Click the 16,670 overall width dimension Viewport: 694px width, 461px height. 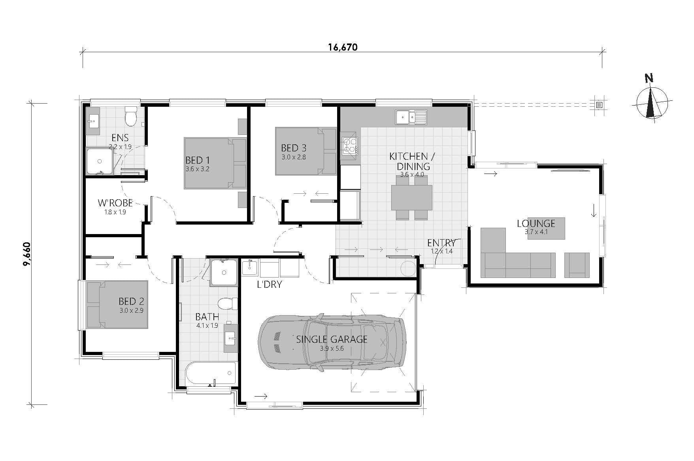(342, 47)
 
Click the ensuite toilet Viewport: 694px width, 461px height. (131, 115)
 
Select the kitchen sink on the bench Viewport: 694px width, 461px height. (411, 117)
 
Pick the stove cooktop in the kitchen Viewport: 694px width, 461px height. (349, 145)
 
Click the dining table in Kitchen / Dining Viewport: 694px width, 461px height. (411, 198)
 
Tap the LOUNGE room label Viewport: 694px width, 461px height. (536, 223)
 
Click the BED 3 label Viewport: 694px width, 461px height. (294, 148)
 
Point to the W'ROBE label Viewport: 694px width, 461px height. (115, 203)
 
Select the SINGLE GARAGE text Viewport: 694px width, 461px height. (332, 339)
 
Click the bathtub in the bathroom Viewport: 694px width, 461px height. (211, 373)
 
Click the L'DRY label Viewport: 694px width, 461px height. (269, 284)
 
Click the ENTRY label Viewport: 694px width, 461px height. (441, 243)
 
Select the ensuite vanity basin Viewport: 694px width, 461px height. (93, 120)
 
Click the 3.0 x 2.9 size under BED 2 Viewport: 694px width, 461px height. (131, 311)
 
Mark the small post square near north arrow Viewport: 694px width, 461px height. (599, 105)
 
